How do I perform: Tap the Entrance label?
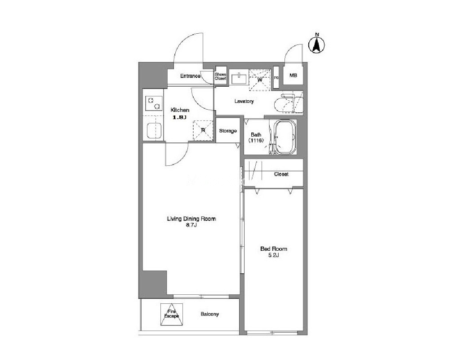[190, 76]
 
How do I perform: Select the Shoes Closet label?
[221, 76]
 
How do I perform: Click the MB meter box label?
[293, 76]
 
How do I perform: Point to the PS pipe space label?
[276, 78]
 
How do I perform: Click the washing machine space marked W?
[259, 80]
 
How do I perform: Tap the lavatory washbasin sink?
[238, 78]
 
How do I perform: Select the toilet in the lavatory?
[288, 104]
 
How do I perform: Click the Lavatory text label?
[244, 101]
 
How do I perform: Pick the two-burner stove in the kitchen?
[154, 103]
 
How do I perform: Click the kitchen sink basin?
[155, 131]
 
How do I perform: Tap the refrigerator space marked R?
[203, 130]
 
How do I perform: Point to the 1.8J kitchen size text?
[179, 117]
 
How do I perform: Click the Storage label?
[228, 131]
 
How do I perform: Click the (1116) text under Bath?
[256, 140]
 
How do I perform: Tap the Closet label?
[281, 174]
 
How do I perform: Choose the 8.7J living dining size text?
[191, 225]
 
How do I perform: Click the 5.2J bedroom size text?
[273, 255]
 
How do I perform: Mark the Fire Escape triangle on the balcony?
[172, 315]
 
